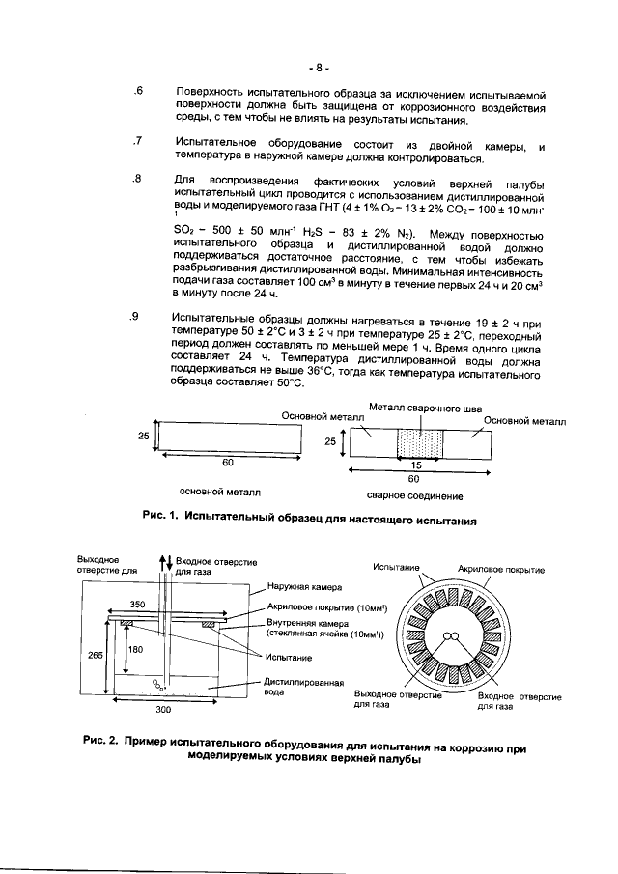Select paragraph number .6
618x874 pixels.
[138, 91]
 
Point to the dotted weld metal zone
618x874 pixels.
[419, 444]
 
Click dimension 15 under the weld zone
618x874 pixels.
[416, 465]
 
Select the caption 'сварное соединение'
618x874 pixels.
[415, 496]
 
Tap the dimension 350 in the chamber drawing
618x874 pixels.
[138, 605]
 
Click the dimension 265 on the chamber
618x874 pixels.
[96, 655]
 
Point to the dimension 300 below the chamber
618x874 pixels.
[163, 709]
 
